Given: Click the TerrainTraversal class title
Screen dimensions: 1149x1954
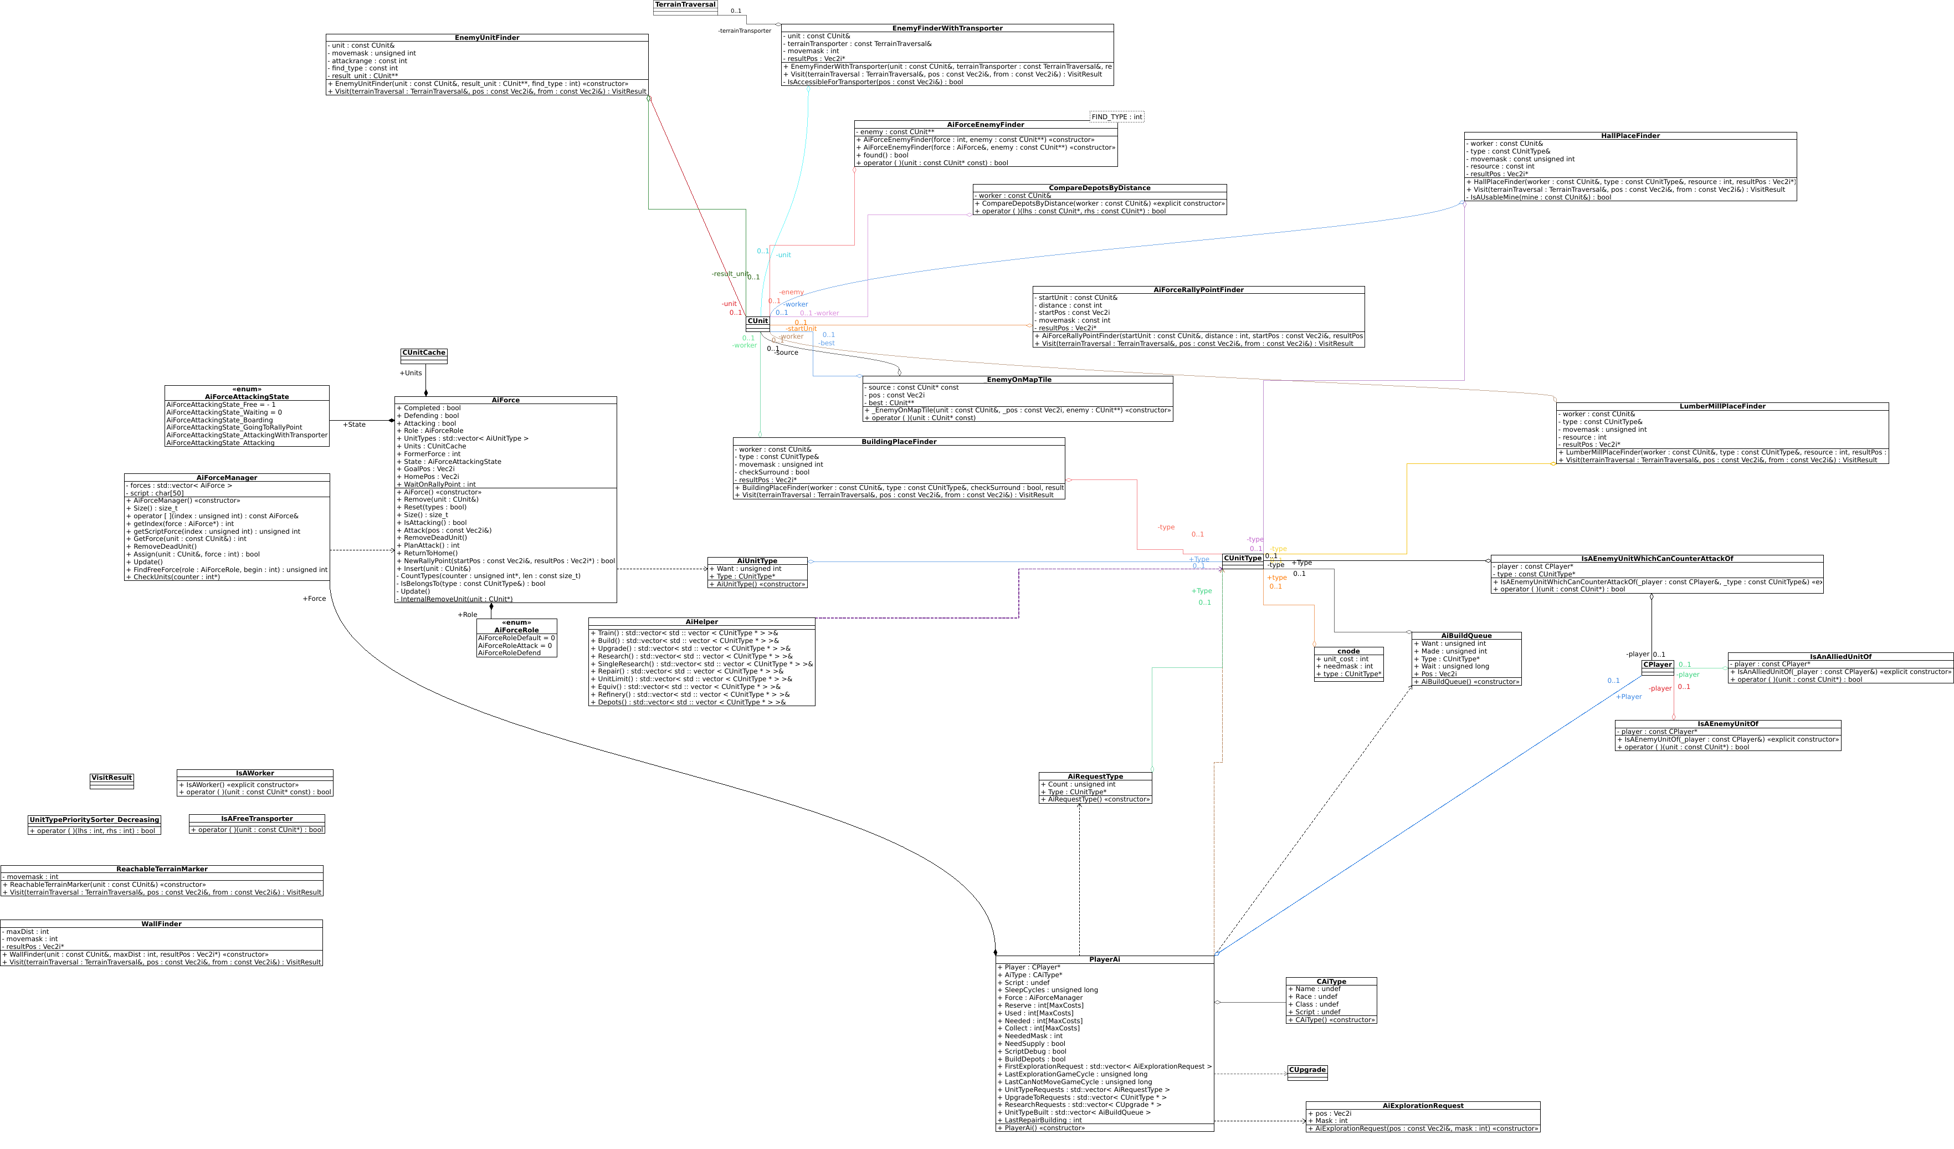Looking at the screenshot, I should tap(685, 4).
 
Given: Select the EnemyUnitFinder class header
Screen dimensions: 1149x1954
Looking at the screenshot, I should tap(487, 37).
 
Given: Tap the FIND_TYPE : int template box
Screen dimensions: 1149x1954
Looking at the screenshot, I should tap(1116, 117).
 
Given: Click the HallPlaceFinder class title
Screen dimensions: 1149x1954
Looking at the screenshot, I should tap(1630, 136).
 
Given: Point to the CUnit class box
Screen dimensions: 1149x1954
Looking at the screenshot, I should tap(757, 324).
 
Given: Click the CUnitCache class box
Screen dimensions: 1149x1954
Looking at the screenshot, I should tap(423, 355).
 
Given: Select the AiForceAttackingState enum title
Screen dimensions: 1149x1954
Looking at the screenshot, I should tap(247, 394).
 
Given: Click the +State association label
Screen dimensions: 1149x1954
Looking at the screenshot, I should tap(355, 425).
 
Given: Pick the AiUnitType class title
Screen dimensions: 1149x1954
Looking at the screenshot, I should tap(757, 561).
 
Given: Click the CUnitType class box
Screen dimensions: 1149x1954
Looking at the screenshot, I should tap(1242, 561).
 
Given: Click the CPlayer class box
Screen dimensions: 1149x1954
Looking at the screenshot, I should tap(1657, 667).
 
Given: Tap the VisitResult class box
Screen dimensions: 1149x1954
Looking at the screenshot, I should tap(112, 780).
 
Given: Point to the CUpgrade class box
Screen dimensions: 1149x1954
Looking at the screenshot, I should tap(1307, 1072).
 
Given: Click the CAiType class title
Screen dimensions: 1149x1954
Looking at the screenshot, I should tap(1331, 982).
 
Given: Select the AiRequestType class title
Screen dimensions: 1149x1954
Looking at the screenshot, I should tap(1095, 777).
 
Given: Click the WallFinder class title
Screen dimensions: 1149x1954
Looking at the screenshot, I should tap(161, 924).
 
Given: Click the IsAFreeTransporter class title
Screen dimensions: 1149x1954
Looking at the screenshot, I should tap(257, 819).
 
